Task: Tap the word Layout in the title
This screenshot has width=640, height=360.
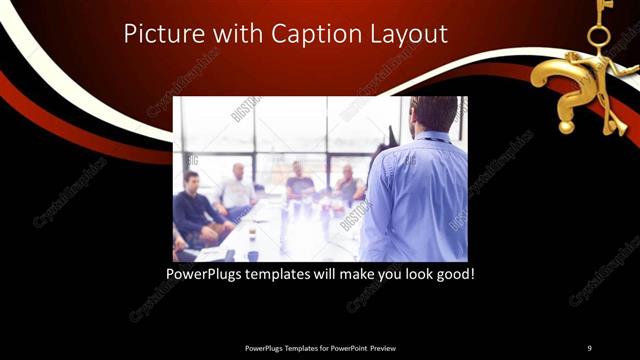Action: [411, 35]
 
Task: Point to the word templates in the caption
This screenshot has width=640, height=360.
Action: [287, 273]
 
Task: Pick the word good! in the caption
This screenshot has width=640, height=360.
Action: [454, 273]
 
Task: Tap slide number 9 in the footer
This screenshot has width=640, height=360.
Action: [589, 348]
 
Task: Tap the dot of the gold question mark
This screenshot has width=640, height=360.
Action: [566, 126]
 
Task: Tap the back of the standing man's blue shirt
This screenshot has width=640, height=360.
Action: [415, 195]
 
